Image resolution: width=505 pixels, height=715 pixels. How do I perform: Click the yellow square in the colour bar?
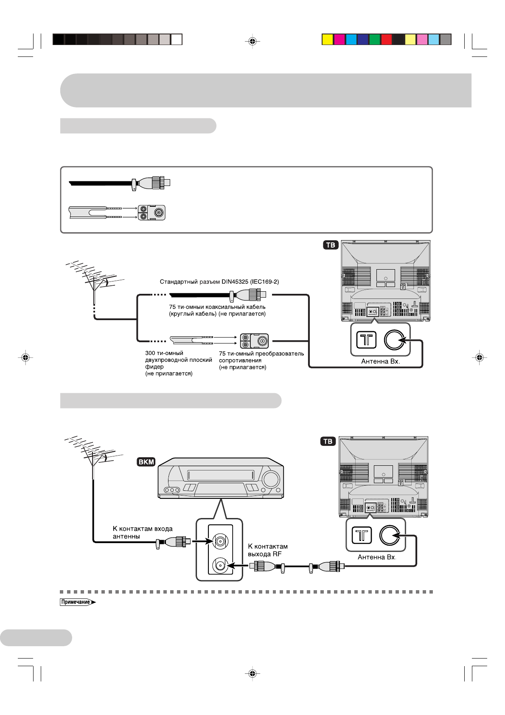[x=327, y=39]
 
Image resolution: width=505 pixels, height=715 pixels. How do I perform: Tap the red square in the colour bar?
[x=386, y=39]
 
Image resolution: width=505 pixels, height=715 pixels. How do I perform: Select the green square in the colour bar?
[x=374, y=39]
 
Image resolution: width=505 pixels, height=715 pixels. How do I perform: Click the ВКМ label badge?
[x=146, y=462]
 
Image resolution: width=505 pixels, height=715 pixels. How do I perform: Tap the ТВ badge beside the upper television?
[x=331, y=245]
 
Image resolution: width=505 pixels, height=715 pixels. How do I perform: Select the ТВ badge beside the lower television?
[x=328, y=442]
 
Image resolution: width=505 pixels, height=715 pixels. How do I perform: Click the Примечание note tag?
[x=77, y=602]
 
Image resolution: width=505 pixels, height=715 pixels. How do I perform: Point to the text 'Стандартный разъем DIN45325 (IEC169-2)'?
[x=219, y=281]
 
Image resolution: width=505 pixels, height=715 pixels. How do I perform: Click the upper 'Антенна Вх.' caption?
[x=380, y=361]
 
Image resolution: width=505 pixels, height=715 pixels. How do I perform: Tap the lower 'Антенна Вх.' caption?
[x=377, y=557]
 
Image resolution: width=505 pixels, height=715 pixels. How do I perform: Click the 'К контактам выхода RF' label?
[x=267, y=550]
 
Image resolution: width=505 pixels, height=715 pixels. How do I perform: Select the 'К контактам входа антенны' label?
[x=142, y=532]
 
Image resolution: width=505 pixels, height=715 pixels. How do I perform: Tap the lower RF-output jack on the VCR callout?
[x=220, y=566]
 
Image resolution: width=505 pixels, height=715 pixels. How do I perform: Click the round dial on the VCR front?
[x=270, y=479]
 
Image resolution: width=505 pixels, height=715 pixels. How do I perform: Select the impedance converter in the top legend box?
[x=151, y=213]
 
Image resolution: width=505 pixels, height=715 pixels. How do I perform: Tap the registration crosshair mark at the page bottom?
[x=252, y=673]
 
